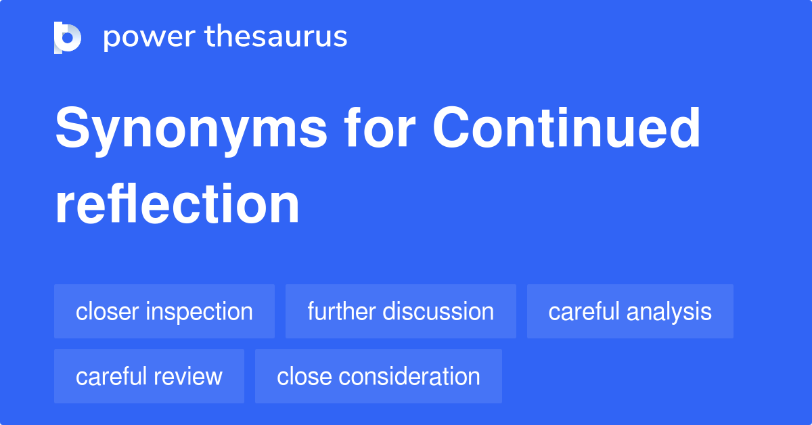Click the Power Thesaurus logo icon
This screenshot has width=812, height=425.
[x=68, y=37]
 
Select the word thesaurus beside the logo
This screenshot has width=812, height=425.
[x=276, y=37]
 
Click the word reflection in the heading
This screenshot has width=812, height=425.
[x=177, y=204]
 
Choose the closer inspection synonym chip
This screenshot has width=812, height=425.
[x=164, y=311]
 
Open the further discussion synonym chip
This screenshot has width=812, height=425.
[x=401, y=311]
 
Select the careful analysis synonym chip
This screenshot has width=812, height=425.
[x=630, y=311]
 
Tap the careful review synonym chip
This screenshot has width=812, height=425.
[x=149, y=376]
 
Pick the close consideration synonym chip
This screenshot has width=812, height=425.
[x=378, y=376]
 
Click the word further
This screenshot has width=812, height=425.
[x=342, y=311]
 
